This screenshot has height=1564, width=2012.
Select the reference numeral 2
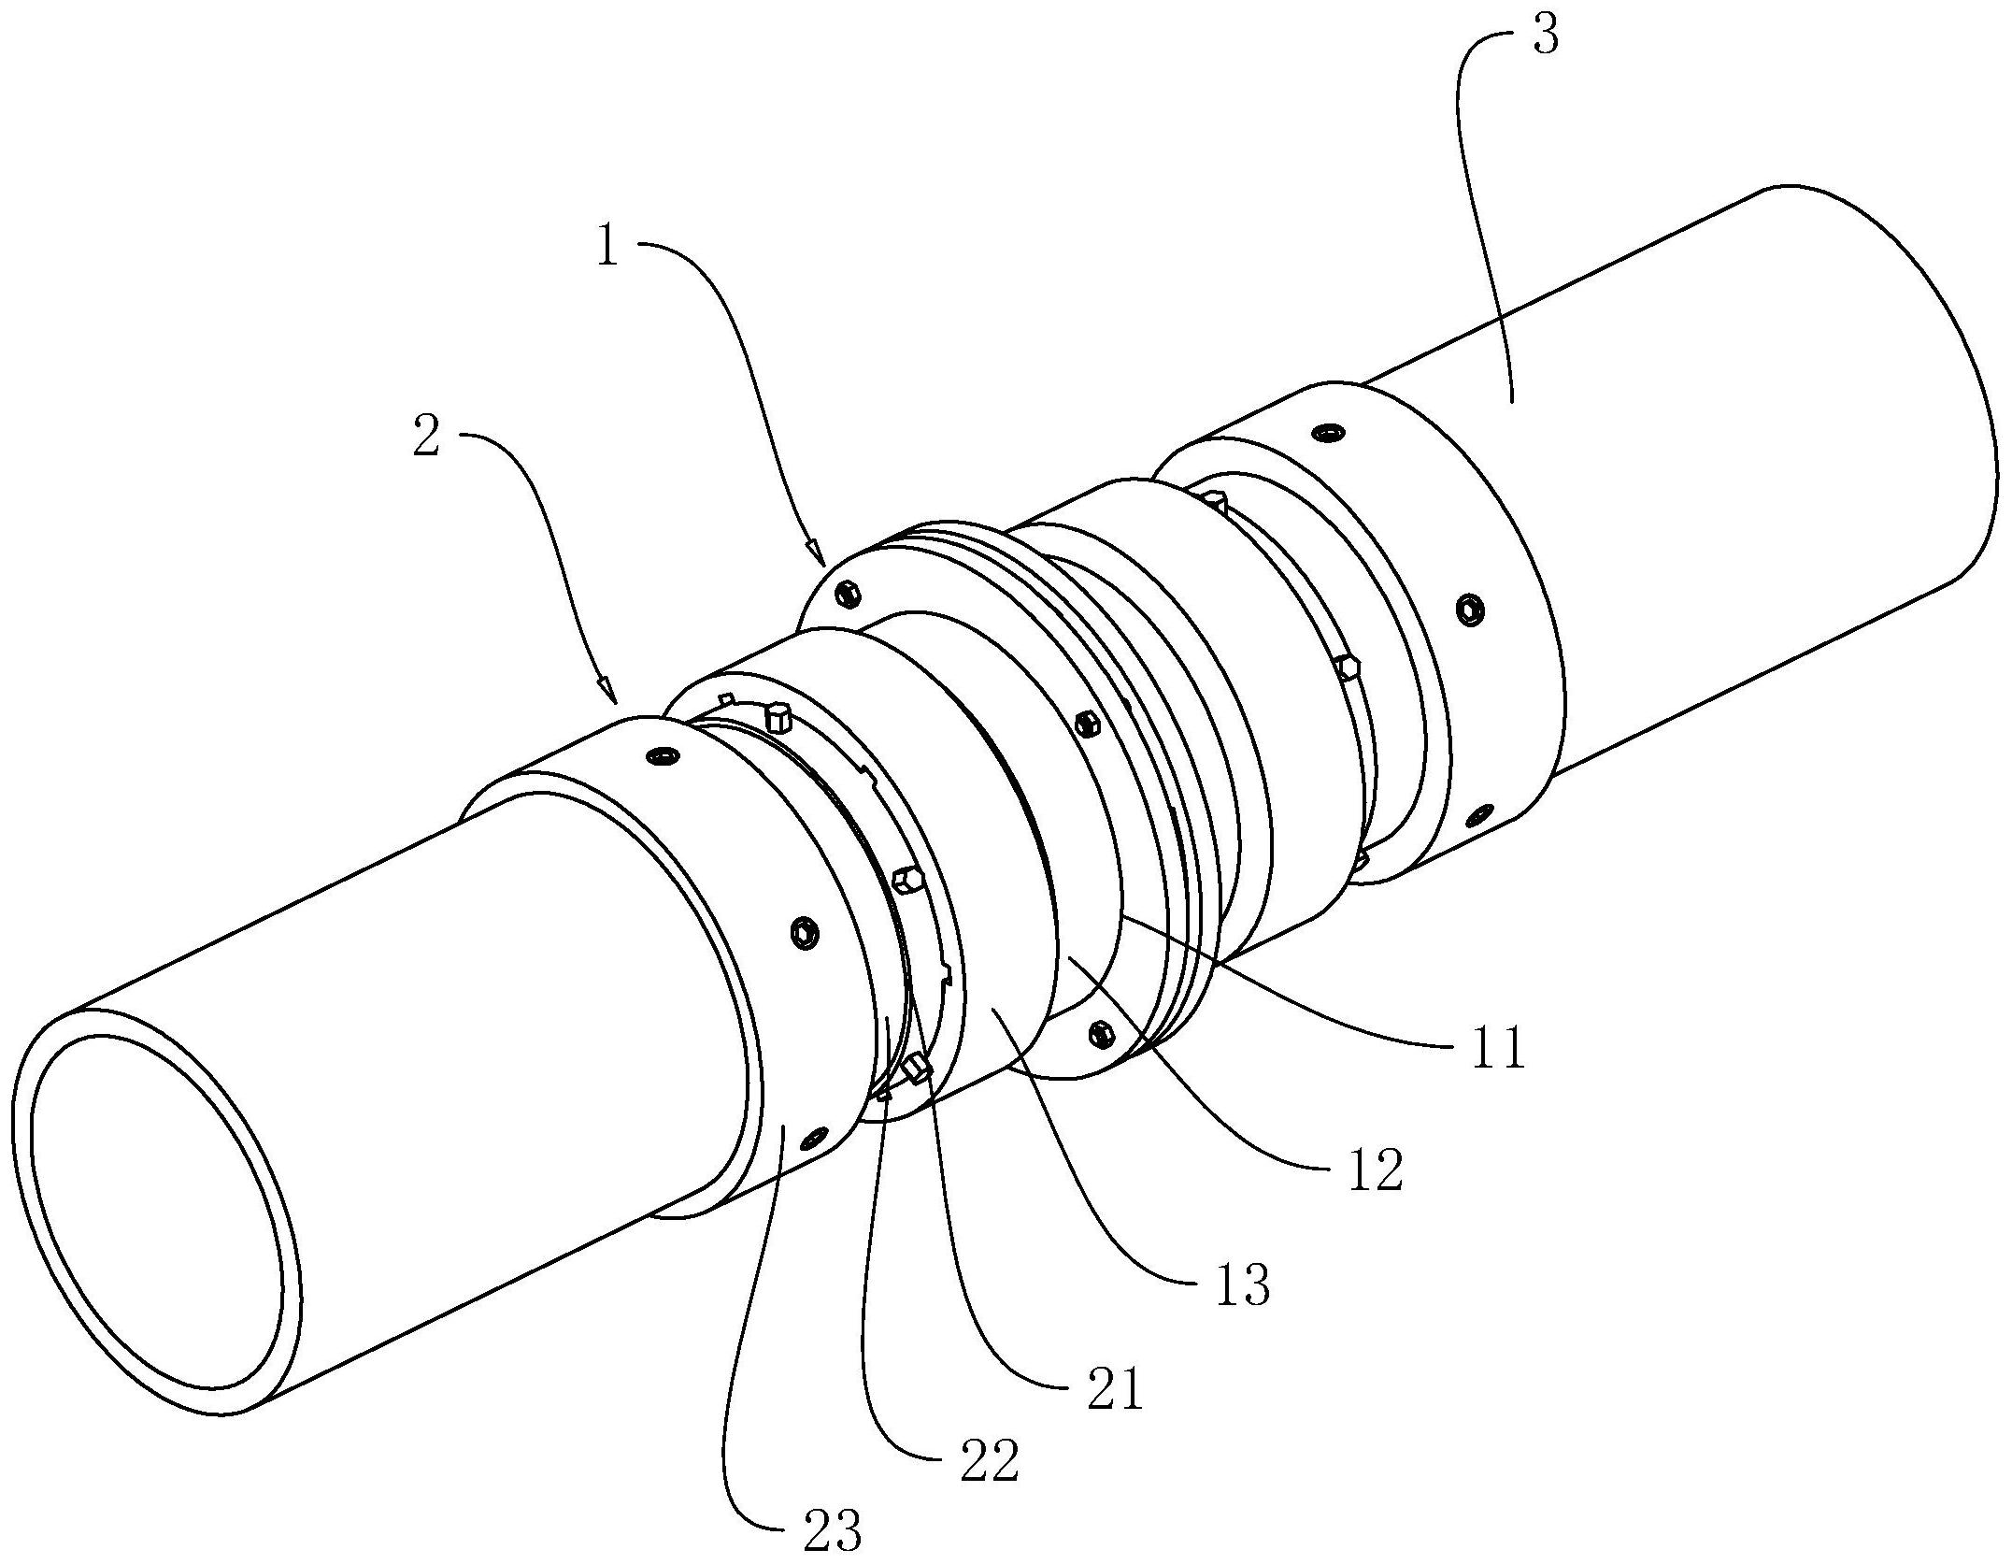(425, 436)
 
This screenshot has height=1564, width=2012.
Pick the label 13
(1241, 1284)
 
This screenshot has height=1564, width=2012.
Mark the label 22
(989, 1463)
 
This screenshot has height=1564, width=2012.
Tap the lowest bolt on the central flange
(1101, 1033)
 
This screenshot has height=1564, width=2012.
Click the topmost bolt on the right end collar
(1327, 433)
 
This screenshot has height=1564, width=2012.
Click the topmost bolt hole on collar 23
(663, 754)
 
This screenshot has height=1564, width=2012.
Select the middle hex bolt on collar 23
(802, 933)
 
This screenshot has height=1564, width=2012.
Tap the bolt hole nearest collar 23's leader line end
(815, 1138)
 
